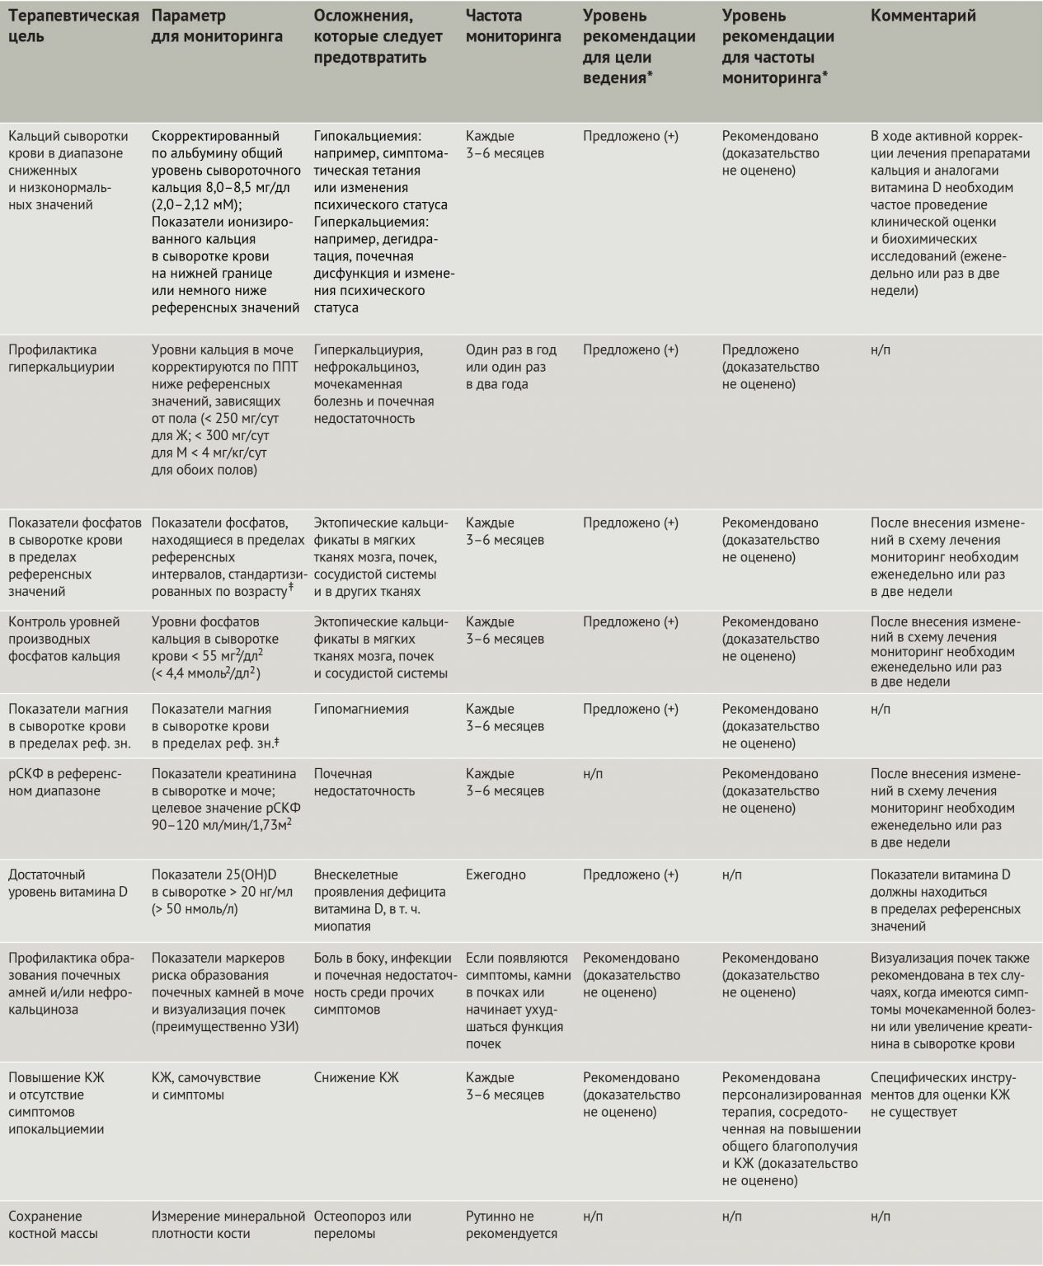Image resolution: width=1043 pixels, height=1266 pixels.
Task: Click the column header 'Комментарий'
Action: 923,16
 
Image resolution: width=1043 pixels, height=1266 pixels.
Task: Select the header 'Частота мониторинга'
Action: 513,26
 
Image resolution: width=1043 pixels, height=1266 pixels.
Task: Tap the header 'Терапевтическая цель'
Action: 73,26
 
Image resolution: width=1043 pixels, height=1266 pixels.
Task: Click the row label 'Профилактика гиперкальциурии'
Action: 62,359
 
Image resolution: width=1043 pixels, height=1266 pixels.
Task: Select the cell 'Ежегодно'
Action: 496,874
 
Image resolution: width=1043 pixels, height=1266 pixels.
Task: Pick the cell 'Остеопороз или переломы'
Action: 362,1225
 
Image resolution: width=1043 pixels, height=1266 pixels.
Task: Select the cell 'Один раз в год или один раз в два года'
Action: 510,367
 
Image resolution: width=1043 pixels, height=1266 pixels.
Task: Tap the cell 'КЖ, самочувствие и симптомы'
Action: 206,1086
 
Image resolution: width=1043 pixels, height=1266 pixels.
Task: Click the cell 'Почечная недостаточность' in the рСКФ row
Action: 364,782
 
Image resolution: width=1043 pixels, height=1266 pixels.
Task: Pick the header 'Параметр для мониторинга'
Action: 217,26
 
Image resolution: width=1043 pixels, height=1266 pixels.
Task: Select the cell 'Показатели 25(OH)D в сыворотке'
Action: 222,892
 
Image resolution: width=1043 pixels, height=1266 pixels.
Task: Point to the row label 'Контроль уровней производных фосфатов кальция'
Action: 64,639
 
